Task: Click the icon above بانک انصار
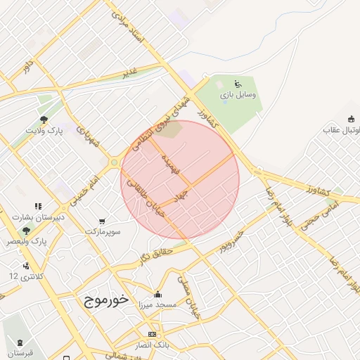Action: click(x=152, y=333)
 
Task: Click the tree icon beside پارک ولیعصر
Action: click(x=27, y=230)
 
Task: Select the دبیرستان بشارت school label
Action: click(x=39, y=217)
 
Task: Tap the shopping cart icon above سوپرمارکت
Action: click(x=104, y=221)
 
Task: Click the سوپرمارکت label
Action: click(x=103, y=231)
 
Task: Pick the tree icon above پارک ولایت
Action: click(x=44, y=120)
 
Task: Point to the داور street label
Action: click(x=28, y=67)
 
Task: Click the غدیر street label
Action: click(x=130, y=72)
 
